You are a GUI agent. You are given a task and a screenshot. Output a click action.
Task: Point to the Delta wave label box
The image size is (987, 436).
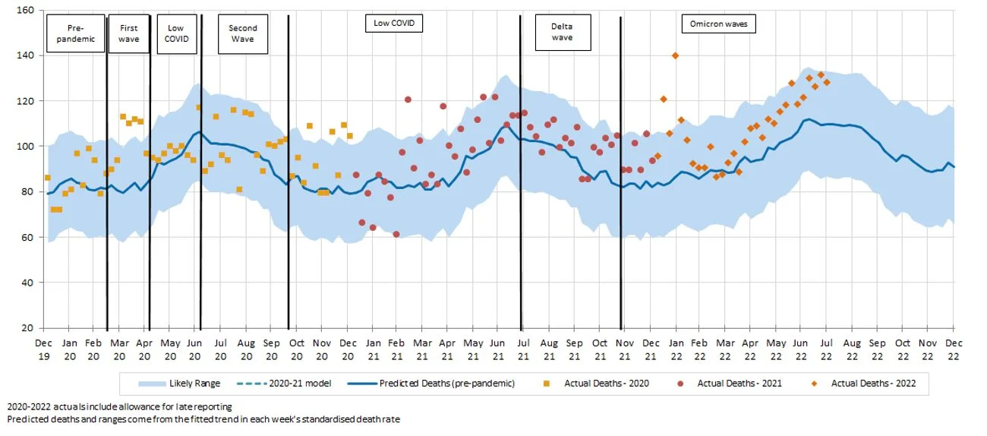click(562, 32)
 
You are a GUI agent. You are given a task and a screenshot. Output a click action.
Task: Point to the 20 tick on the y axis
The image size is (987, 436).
click(27, 328)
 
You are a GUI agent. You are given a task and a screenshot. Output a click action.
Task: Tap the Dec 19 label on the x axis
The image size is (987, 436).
click(43, 348)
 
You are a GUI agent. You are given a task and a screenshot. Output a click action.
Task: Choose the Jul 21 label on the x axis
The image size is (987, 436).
click(523, 348)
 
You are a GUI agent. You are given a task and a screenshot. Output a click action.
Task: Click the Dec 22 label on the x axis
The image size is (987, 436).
click(954, 348)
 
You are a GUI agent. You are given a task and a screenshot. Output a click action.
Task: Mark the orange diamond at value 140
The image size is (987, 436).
click(675, 55)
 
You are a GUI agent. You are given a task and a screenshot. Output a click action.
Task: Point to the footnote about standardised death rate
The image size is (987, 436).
click(202, 419)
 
